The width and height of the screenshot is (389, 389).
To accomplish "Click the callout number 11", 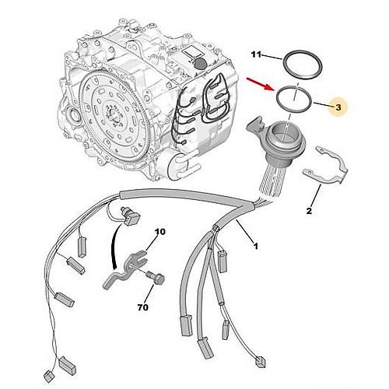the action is tap(256, 54).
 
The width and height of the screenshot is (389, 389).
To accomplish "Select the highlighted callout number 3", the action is tap(338, 107).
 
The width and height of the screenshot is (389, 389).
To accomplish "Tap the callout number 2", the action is tap(309, 211).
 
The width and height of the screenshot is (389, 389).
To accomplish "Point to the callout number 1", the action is tap(256, 246).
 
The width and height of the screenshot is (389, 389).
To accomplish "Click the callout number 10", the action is tap(160, 232).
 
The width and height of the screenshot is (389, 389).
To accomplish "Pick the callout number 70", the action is tap(142, 307).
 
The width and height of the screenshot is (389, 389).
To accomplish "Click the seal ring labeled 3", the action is tap(294, 99).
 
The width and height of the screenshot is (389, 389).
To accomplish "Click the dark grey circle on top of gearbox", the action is tap(200, 63).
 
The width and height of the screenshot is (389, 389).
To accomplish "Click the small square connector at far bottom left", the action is tap(48, 377).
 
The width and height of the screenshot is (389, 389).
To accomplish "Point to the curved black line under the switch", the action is tap(114, 247).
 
